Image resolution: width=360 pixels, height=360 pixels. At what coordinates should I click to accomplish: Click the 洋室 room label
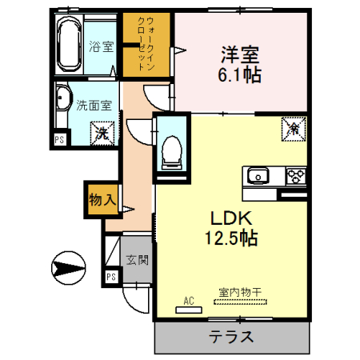click(241, 55)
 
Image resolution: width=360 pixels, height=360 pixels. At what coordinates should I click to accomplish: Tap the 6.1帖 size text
click(241, 76)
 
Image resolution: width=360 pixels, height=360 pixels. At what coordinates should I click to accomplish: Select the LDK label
click(232, 218)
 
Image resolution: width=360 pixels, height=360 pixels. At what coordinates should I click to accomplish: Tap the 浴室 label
click(100, 46)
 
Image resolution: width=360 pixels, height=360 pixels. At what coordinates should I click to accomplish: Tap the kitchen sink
click(258, 175)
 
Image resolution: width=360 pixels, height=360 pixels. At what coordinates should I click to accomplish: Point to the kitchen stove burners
click(294, 175)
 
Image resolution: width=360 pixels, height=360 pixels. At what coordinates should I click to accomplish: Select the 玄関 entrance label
click(137, 259)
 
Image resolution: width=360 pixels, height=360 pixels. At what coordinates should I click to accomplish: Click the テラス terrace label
click(232, 336)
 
